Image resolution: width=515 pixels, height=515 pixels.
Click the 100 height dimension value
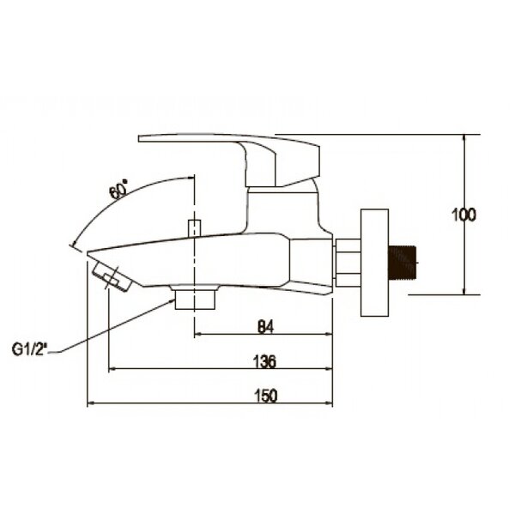coord(463,215)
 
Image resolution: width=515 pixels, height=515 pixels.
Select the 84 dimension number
coord(265,327)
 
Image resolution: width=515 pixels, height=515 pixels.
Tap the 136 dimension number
coord(264,361)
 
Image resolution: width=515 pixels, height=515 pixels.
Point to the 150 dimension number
coord(266,396)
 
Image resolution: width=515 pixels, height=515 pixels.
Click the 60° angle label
coord(119,190)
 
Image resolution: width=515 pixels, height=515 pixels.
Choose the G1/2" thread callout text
coord(30,349)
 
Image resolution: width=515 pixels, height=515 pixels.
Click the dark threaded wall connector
coord(403,263)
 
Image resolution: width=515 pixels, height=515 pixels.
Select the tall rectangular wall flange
coord(375,263)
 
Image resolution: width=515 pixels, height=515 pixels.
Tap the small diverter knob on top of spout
coord(195,228)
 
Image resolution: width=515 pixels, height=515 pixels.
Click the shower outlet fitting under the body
coord(195,298)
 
